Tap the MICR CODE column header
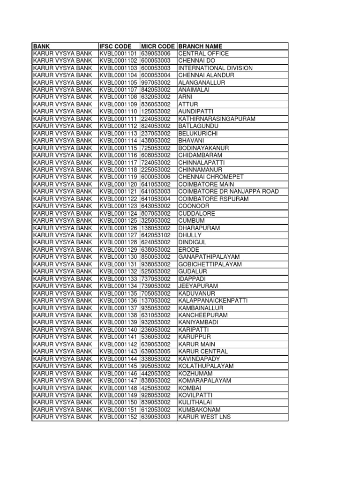coord(158,46)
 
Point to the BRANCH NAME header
coord(200,46)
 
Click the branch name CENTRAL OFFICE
coord(203,53)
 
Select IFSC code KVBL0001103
coord(119,68)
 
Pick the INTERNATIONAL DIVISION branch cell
coord(215,68)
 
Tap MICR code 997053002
coord(158,82)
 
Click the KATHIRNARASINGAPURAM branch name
coord(217,119)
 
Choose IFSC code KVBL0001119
coord(119,177)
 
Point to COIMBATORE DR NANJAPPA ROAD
coord(228,191)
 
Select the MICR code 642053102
coord(158,235)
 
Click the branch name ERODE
coord(189,249)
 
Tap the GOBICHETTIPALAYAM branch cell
coord(210,264)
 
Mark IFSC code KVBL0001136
coord(119,300)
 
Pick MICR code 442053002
coord(158,373)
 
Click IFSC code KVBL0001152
coord(119,417)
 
